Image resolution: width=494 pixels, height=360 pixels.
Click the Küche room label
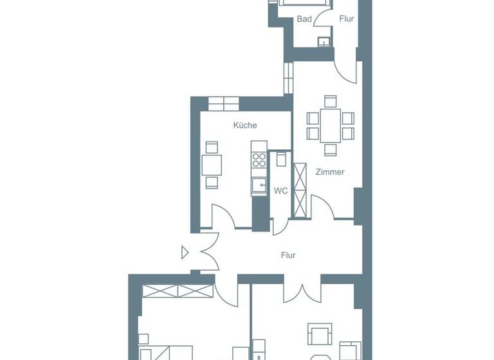click(x=245, y=125)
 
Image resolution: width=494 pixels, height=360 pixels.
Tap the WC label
click(x=280, y=191)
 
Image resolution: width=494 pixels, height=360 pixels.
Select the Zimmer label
click(x=330, y=172)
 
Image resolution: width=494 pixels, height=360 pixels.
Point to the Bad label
click(x=304, y=19)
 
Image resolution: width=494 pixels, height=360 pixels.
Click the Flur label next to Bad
click(x=347, y=19)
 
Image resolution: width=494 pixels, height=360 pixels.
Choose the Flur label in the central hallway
click(x=288, y=255)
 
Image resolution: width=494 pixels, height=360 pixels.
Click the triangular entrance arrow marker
click(x=185, y=253)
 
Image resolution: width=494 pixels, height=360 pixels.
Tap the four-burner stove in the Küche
click(x=259, y=159)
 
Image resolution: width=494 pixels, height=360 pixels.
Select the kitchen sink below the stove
click(x=259, y=186)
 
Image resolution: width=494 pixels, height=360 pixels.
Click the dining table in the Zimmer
click(x=331, y=125)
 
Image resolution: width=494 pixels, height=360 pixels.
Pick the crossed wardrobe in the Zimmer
click(x=300, y=190)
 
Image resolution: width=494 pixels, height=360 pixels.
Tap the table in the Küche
click(x=212, y=165)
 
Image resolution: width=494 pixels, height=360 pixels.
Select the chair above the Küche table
click(x=212, y=147)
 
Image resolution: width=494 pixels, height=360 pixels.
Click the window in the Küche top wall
click(x=223, y=103)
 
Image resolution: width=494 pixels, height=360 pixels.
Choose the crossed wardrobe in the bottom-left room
click(x=177, y=291)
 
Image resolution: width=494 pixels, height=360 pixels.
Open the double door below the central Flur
click(x=302, y=290)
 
